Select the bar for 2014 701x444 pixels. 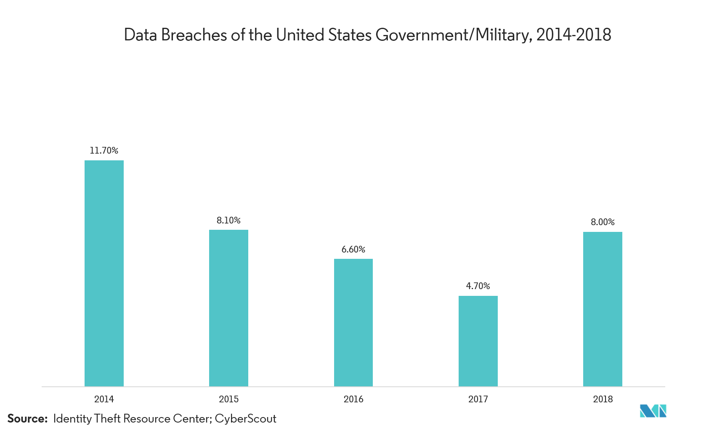click(104, 273)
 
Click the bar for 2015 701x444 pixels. click(228, 308)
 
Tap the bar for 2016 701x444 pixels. click(353, 322)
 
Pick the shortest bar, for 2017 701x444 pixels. click(478, 341)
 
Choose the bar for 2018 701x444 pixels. click(603, 309)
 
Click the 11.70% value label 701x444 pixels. click(104, 150)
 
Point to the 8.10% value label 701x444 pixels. click(228, 220)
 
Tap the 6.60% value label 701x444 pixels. click(353, 249)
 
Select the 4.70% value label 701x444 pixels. click(478, 286)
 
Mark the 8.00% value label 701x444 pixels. click(603, 222)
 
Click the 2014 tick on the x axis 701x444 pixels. click(104, 399)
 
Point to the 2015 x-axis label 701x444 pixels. click(228, 399)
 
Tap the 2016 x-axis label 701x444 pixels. click(353, 399)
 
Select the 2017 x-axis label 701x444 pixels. click(478, 399)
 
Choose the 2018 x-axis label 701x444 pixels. click(603, 399)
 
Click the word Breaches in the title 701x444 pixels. click(194, 35)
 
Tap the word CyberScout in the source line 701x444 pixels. click(246, 419)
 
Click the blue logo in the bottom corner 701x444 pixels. click(653, 411)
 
